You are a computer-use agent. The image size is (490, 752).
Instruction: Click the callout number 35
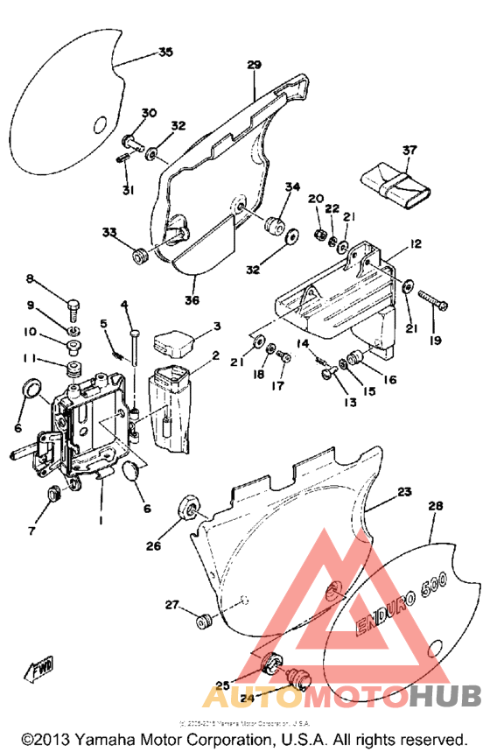click(x=164, y=53)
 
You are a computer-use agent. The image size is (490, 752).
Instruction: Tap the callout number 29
click(x=254, y=66)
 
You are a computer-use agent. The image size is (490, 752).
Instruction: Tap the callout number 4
click(x=124, y=305)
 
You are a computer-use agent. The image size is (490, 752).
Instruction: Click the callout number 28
click(x=435, y=507)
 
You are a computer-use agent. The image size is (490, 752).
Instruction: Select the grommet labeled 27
click(x=206, y=622)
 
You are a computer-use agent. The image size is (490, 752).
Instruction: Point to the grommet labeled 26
click(x=186, y=509)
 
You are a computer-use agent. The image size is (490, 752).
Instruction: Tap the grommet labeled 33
click(x=138, y=255)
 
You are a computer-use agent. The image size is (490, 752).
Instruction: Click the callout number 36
click(x=192, y=300)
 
